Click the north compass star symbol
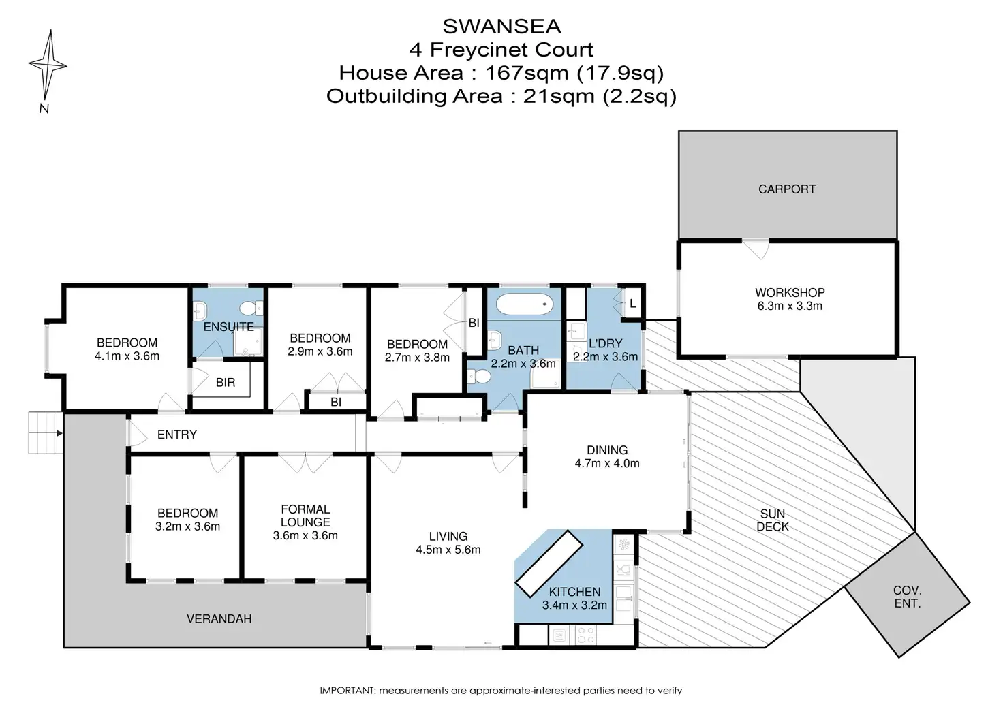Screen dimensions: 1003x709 point(48,65)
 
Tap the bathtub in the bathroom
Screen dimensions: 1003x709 point(525,304)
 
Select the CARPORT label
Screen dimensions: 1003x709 point(787,189)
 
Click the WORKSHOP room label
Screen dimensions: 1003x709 point(790,293)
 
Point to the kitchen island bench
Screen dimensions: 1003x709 point(549,563)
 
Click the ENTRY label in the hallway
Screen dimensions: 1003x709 point(177,435)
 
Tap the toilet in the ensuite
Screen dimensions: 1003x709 point(251,308)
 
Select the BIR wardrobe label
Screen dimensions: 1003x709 point(226,383)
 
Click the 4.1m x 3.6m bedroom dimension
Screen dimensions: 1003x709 point(127,356)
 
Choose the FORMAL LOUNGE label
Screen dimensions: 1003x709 point(305,516)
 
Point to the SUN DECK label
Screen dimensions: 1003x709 point(773,520)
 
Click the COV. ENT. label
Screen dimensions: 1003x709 point(907,597)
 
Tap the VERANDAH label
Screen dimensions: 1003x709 point(219,619)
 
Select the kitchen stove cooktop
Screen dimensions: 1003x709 point(586,635)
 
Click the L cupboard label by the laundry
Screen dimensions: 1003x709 point(633,304)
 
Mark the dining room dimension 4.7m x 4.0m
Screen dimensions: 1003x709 point(606,463)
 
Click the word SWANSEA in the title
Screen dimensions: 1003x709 point(501,27)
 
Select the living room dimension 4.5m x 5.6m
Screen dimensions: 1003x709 point(448,550)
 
